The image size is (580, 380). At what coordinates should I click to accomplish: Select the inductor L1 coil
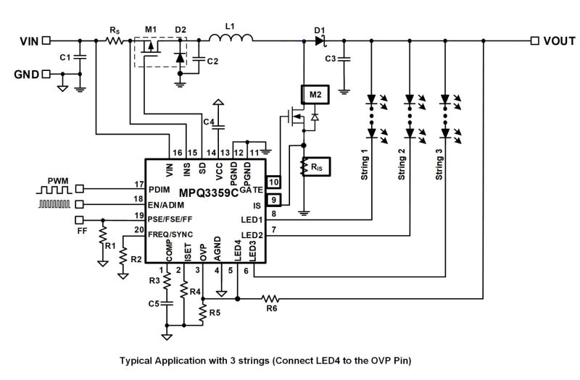tap(230, 39)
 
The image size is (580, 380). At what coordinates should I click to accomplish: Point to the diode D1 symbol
tap(320, 40)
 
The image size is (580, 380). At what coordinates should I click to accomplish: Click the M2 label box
tap(314, 94)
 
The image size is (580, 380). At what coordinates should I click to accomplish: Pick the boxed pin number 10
tap(273, 182)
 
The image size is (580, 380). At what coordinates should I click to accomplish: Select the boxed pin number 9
tap(273, 200)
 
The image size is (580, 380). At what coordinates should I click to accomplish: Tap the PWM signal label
tap(59, 179)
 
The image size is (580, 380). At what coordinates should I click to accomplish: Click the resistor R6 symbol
tap(270, 297)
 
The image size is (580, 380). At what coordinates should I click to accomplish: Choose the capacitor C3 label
tap(331, 58)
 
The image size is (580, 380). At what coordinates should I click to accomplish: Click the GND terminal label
tap(26, 74)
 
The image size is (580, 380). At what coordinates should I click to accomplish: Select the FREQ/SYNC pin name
tap(167, 235)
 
